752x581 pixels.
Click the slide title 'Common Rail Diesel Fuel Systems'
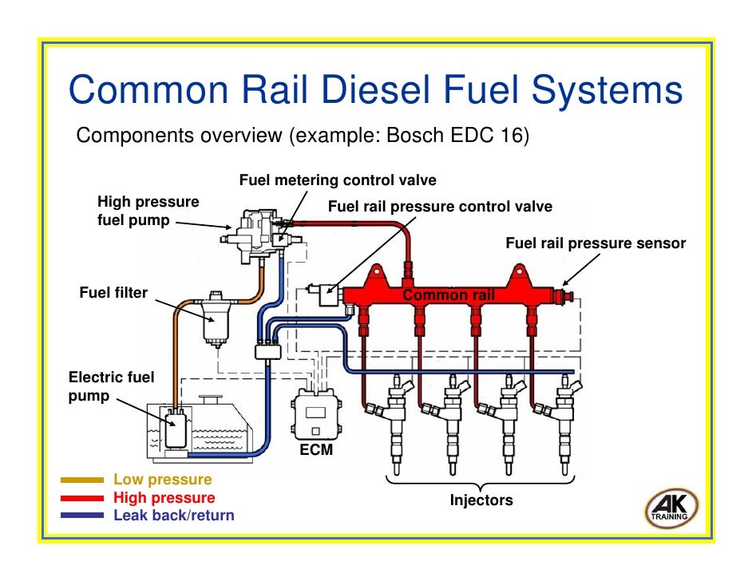coord(375,90)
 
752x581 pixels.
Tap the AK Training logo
coord(671,508)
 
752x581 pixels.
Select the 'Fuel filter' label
coord(113,293)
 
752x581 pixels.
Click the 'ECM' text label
coord(316,451)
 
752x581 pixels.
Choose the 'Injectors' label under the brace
coord(481,500)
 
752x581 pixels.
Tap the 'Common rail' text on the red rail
coord(449,296)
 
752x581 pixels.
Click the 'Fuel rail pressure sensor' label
coord(596,243)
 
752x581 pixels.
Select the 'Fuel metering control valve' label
coord(338,180)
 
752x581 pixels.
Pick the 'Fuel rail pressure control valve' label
coord(440,207)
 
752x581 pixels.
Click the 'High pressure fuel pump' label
coord(148,211)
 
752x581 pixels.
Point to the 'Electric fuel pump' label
coord(111,385)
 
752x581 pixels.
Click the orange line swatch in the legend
coord(82,480)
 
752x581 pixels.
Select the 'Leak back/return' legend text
coord(174,516)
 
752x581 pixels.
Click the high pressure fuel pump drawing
coord(258,231)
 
